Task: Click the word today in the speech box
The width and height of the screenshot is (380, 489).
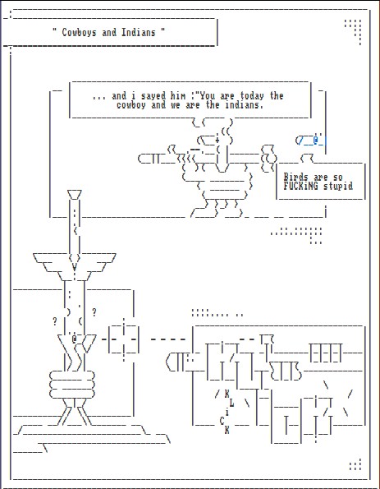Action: pyautogui.click(x=252, y=95)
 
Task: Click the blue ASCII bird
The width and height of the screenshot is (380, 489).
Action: pyautogui.click(x=310, y=141)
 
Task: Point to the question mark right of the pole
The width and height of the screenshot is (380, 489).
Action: pyautogui.click(x=94, y=311)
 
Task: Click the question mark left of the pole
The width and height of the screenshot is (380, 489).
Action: pyautogui.click(x=55, y=321)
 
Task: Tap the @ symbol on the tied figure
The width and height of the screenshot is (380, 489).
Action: pyautogui.click(x=74, y=339)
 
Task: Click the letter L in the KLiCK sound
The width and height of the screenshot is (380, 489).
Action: pyautogui.click(x=231, y=403)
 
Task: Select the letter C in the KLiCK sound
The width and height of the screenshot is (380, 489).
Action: pyautogui.click(x=222, y=421)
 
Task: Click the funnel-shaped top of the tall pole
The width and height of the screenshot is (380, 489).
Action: pyautogui.click(x=75, y=195)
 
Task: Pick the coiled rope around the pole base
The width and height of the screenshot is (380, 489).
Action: pyautogui.click(x=72, y=385)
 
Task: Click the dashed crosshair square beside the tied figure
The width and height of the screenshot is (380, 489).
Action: pyautogui.click(x=124, y=339)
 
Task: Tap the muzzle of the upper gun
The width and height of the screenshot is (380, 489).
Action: pyautogui.click(x=141, y=159)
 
